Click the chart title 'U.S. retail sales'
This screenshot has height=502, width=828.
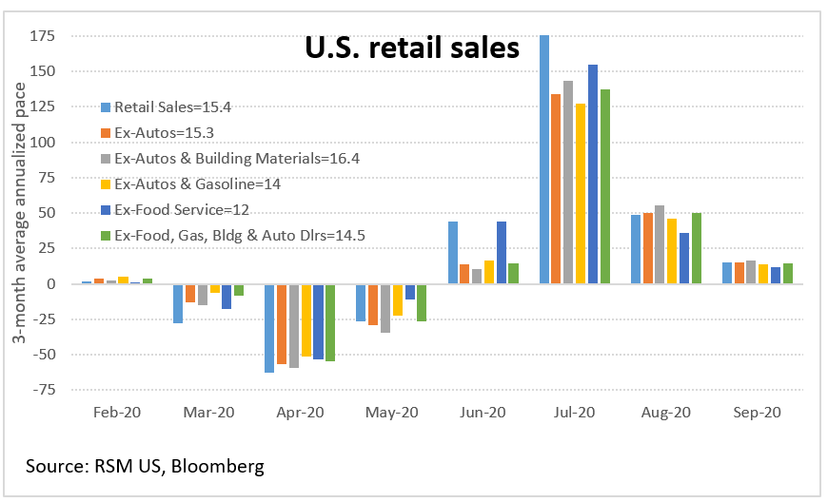tap(411, 48)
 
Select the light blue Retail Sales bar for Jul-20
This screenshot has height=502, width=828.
tap(544, 160)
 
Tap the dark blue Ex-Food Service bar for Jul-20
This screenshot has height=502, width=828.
tap(593, 174)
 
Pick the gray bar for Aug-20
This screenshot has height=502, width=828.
tap(660, 245)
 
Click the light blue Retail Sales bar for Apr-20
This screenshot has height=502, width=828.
tap(269, 328)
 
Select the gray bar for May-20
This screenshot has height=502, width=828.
tap(385, 308)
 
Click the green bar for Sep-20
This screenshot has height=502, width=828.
tap(787, 274)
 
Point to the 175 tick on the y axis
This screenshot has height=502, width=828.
tap(43, 36)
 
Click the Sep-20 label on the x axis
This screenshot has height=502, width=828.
tap(758, 413)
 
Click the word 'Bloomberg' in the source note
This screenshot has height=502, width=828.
tap(218, 466)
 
